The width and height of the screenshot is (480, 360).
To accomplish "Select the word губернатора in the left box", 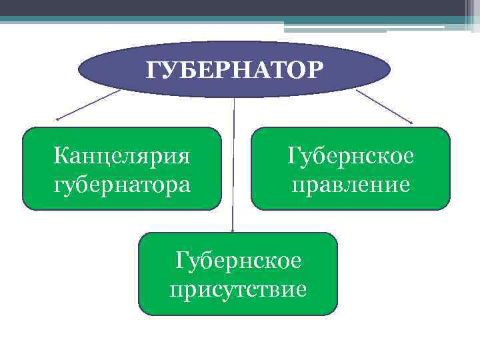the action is coord(122,183).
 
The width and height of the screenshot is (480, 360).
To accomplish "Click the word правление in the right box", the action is coord(351,183).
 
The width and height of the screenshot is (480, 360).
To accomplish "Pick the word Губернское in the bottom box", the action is coord(238,260).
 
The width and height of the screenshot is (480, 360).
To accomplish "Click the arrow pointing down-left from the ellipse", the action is coord(90,105).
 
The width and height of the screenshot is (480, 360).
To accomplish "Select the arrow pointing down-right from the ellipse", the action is coord(385,106).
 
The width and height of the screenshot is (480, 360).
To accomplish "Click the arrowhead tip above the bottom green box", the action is coord(233,231).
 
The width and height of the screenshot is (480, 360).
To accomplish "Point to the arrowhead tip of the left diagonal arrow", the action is coord(58,120).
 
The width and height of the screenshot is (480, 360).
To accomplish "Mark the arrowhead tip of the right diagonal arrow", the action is coord(413,123).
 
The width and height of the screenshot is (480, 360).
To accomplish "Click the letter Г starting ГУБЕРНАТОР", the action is coord(153,69).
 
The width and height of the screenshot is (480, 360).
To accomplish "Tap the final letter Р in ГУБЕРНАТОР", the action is coord(315,69).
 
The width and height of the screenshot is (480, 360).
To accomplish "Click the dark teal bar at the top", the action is coord(200,19).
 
